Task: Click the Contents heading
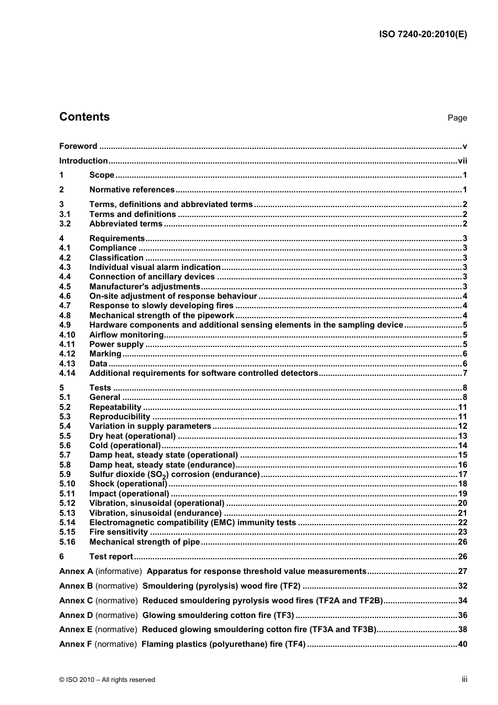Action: tap(84, 117)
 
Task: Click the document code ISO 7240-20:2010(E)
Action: tap(423, 35)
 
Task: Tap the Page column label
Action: tap(457, 118)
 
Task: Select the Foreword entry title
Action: tap(78, 146)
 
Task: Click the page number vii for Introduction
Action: tap(462, 161)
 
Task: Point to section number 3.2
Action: tap(65, 224)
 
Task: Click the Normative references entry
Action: tap(132, 190)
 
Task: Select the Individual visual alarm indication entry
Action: tap(155, 267)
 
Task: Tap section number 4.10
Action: tap(67, 335)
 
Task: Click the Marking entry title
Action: tap(105, 354)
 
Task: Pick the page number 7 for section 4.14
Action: tap(464, 373)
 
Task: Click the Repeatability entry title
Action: tap(115, 407)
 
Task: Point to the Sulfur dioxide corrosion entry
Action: tap(174, 474)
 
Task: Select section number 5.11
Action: tap(67, 494)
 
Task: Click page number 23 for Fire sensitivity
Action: tap(462, 532)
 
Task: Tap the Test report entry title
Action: tap(111, 557)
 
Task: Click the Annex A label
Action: tap(76, 571)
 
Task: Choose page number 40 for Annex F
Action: tap(462, 644)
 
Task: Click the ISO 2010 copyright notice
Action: tap(107, 680)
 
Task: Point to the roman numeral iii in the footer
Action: tap(464, 679)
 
